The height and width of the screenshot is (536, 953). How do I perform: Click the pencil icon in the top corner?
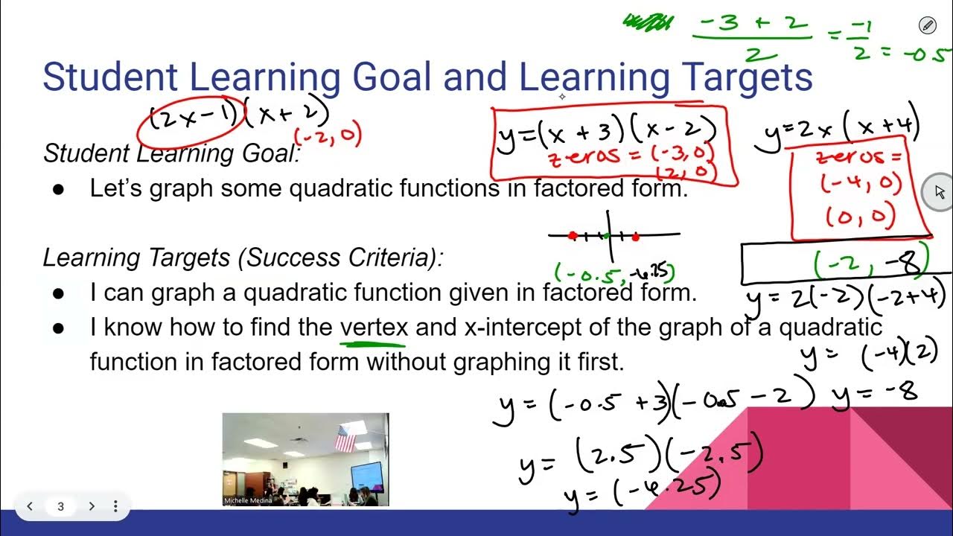927,26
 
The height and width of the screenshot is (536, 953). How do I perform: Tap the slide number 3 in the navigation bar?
61,507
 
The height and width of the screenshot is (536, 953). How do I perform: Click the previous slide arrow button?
30,507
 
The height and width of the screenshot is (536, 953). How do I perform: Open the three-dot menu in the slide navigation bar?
115,507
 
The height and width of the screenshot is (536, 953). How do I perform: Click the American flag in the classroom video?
345,439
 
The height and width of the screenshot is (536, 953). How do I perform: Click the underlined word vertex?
374,328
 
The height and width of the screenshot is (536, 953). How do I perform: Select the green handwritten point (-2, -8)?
871,262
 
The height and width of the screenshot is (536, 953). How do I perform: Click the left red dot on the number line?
572,236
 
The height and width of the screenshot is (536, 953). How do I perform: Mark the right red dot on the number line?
635,237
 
